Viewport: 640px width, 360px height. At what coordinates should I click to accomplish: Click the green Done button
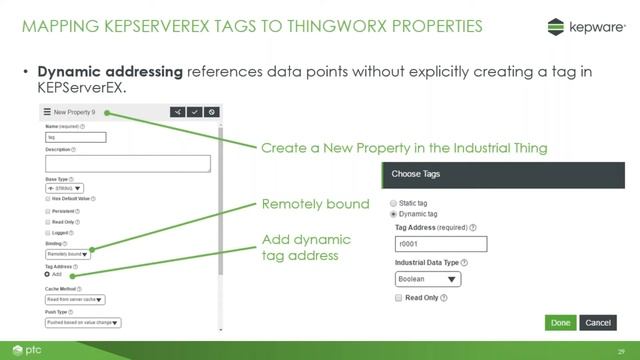pos(560,323)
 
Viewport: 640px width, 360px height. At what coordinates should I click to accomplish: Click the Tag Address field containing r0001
pos(441,245)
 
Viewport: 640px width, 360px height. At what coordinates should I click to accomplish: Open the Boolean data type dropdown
pos(428,280)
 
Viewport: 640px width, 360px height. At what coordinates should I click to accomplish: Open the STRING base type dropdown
pos(65,187)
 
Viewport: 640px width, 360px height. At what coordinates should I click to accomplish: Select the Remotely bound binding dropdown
pos(68,254)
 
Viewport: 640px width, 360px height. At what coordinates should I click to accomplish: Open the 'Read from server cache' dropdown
pos(76,298)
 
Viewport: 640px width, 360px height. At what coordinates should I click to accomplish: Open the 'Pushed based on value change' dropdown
pos(83,322)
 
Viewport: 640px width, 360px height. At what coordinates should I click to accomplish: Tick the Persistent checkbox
pos(48,211)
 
